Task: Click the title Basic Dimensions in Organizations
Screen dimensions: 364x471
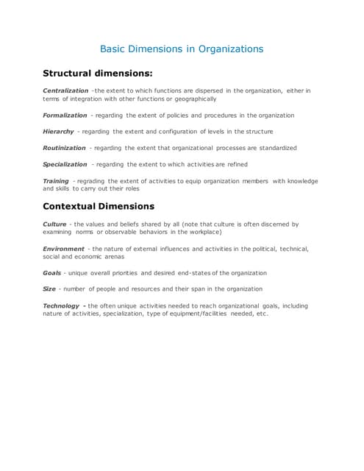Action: pyautogui.click(x=181, y=49)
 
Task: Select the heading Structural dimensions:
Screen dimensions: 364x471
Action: pyautogui.click(x=97, y=74)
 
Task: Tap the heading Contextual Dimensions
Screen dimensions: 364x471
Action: pyautogui.click(x=99, y=206)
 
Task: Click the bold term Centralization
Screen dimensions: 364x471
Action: pyautogui.click(x=65, y=91)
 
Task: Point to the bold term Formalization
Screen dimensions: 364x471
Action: pyautogui.click(x=65, y=116)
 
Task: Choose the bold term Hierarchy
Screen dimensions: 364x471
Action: pyautogui.click(x=59, y=132)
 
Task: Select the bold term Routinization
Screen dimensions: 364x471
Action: pyautogui.click(x=65, y=148)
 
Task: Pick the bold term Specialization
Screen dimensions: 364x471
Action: pyautogui.click(x=65, y=164)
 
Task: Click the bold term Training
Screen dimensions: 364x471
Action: pyautogui.click(x=56, y=180)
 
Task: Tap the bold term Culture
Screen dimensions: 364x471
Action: pyautogui.click(x=55, y=224)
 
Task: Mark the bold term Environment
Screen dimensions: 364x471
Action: pyautogui.click(x=63, y=249)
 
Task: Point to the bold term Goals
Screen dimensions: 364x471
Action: pyautogui.click(x=52, y=273)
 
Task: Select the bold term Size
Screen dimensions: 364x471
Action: pyautogui.click(x=49, y=289)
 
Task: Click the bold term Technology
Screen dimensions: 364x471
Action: pyautogui.click(x=63, y=305)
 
